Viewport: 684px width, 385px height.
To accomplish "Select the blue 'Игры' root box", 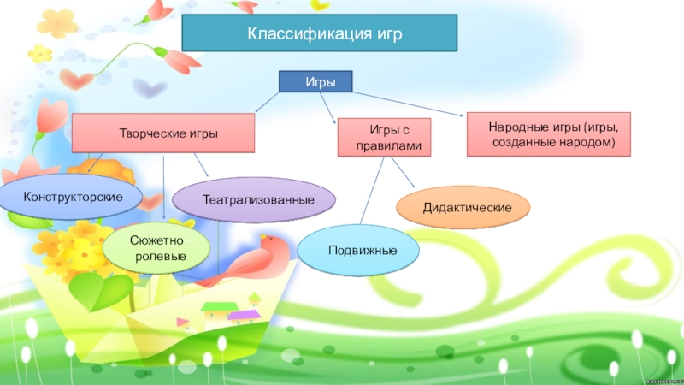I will click(x=316, y=82).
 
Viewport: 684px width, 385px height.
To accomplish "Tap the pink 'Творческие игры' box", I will click(x=162, y=134).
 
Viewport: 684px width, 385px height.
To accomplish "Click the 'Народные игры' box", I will click(x=548, y=134).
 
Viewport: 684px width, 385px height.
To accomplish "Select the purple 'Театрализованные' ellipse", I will click(x=254, y=198).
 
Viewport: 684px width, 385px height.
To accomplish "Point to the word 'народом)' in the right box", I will click(x=585, y=142).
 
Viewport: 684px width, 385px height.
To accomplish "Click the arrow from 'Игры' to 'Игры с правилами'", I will click(x=329, y=108).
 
